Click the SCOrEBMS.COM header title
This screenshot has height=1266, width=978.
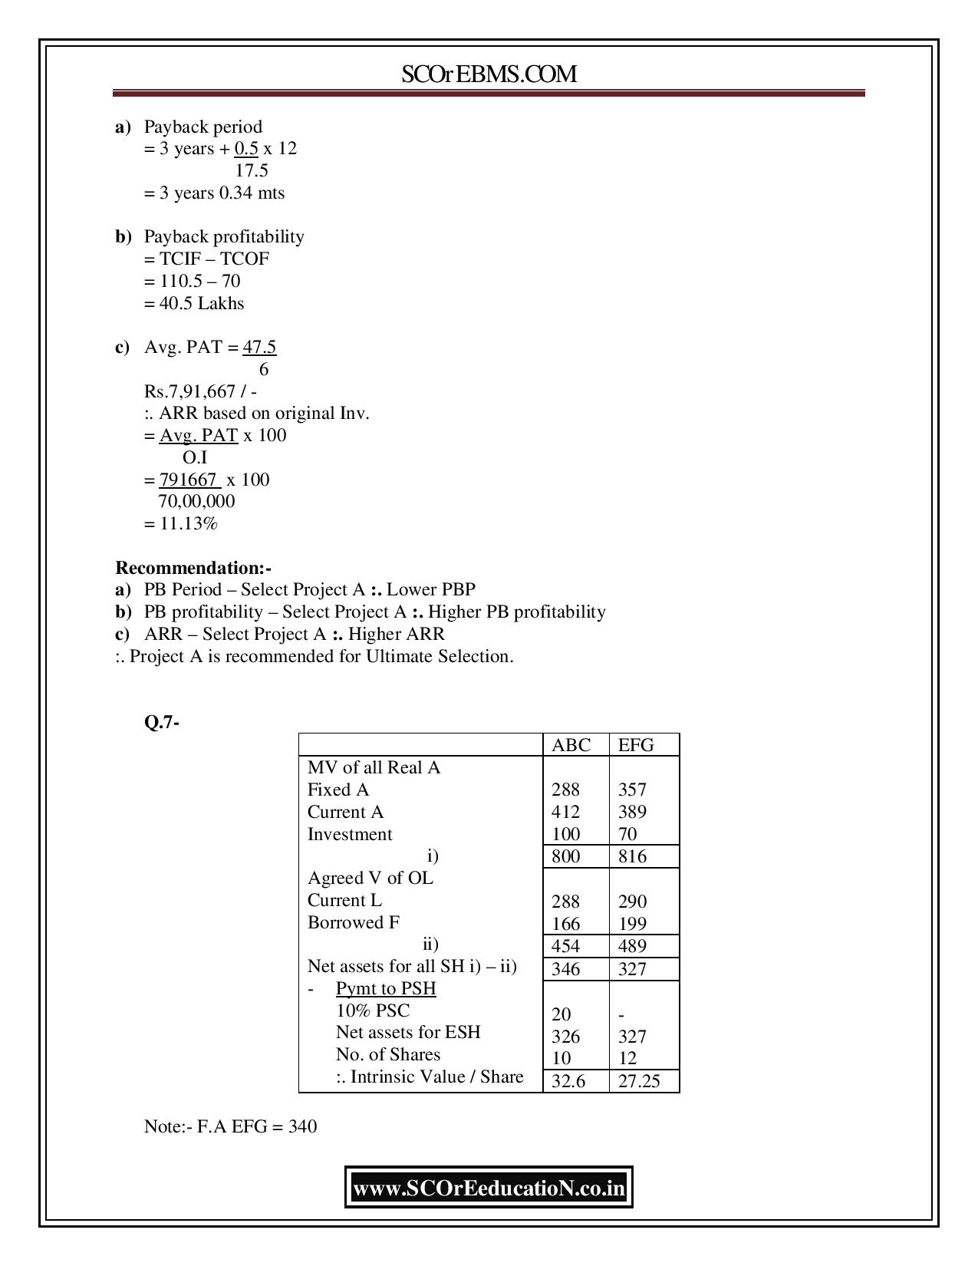(x=489, y=74)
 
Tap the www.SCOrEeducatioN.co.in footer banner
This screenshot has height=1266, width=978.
(x=489, y=1189)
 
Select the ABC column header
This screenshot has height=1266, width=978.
(x=571, y=745)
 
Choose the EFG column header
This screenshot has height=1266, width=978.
(x=636, y=745)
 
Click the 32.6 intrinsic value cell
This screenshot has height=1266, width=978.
(x=568, y=1081)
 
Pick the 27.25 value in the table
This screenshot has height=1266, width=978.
(x=638, y=1081)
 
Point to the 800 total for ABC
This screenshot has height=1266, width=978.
(x=566, y=856)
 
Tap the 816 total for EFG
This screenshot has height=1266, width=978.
(x=632, y=856)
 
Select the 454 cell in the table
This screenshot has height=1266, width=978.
(x=566, y=946)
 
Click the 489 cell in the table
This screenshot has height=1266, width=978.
(x=632, y=946)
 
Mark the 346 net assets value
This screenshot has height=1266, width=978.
(x=566, y=969)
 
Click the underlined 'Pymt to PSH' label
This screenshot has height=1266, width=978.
(x=386, y=988)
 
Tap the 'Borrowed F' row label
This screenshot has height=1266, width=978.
(x=354, y=922)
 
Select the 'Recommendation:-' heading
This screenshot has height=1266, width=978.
(x=193, y=568)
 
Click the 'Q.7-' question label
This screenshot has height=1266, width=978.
(x=162, y=722)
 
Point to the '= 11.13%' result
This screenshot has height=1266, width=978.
(x=181, y=524)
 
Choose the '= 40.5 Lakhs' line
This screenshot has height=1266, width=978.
(x=194, y=303)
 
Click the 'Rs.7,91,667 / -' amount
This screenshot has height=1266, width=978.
(x=201, y=391)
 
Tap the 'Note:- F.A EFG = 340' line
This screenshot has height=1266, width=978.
(x=230, y=1126)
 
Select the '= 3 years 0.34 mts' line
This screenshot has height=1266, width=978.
(x=214, y=193)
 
